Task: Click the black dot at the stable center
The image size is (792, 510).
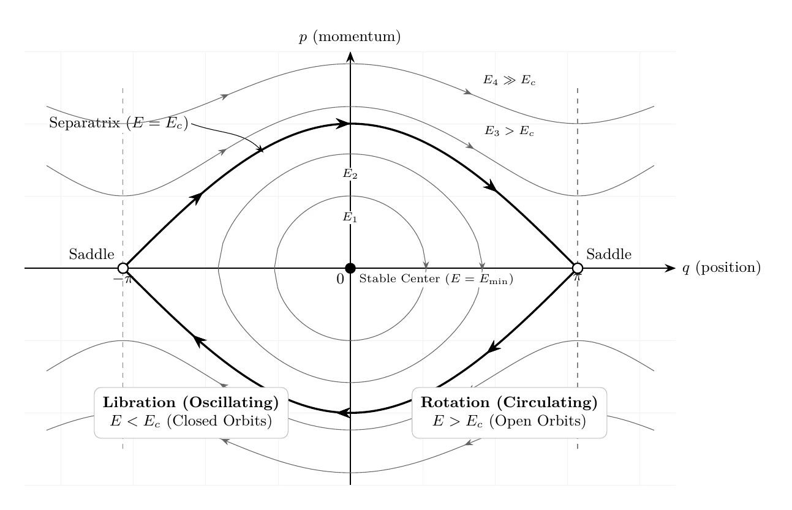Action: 350,268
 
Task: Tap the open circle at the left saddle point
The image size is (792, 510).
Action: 123,268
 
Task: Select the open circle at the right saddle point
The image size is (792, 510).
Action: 578,268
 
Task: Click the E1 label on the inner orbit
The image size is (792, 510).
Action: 350,217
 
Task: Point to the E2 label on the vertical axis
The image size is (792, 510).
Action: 350,173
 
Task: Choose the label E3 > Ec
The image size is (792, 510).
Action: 509,131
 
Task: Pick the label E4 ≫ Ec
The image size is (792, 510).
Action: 510,80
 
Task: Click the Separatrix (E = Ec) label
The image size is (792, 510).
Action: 118,123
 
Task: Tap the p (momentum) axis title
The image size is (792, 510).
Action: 350,37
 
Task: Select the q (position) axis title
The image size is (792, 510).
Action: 722,268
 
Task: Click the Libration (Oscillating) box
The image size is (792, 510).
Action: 191,413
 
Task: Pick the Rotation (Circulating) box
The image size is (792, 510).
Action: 509,413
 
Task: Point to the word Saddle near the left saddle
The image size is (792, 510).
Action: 92,254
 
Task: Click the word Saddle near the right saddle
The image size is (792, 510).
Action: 609,254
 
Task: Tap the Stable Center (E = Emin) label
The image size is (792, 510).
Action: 436,279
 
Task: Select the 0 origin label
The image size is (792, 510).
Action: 340,279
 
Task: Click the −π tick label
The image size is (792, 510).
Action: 123,280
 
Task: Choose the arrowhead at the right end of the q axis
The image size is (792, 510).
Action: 670,268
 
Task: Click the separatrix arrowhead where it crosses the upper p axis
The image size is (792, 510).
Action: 342,123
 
